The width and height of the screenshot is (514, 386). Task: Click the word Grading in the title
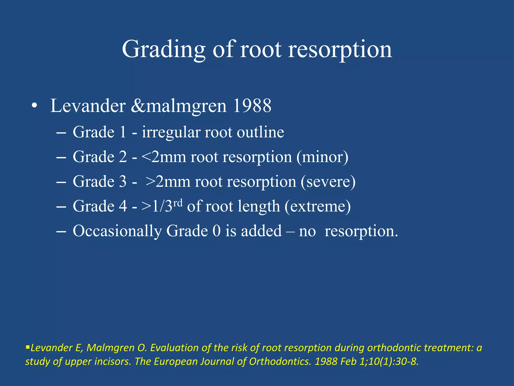164,50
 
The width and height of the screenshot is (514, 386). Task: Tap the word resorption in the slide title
340,50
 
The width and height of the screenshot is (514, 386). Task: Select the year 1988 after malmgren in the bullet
252,106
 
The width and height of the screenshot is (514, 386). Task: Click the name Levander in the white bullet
88,106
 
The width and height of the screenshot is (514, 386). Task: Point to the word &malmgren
179,106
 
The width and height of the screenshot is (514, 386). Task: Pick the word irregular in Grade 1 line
171,132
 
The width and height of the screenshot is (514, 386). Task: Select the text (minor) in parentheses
322,157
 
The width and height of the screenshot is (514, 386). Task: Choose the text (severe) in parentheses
328,182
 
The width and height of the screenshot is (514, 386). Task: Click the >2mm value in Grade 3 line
168,182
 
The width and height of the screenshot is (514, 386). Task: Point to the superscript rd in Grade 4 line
178,203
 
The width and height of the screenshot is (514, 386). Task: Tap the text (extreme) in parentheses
317,206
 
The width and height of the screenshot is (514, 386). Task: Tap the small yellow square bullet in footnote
28,348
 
